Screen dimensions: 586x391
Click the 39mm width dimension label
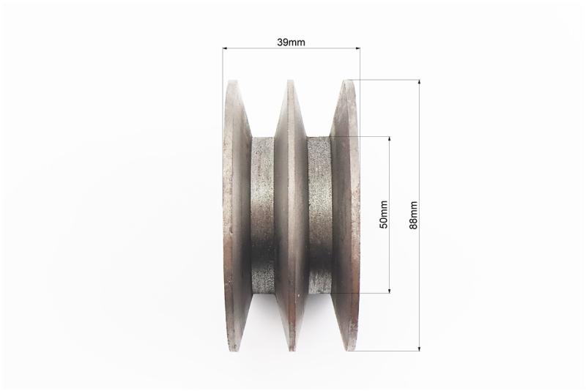pyautogui.click(x=291, y=42)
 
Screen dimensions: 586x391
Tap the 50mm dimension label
pyautogui.click(x=383, y=215)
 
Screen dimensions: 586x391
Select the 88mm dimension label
pyautogui.click(x=413, y=215)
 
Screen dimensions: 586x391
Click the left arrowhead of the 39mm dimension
pyautogui.click(x=225, y=48)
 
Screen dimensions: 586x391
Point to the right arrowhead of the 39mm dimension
pyautogui.click(x=357, y=48)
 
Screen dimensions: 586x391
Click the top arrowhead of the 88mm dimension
pyautogui.click(x=419, y=83)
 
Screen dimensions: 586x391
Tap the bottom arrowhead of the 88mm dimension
pyautogui.click(x=419, y=348)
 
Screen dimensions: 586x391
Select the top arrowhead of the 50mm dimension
pyautogui.click(x=390, y=139)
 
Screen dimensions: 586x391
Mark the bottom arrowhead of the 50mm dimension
pyautogui.click(x=390, y=290)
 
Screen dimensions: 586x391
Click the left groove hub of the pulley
pyautogui.click(x=263, y=215)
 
